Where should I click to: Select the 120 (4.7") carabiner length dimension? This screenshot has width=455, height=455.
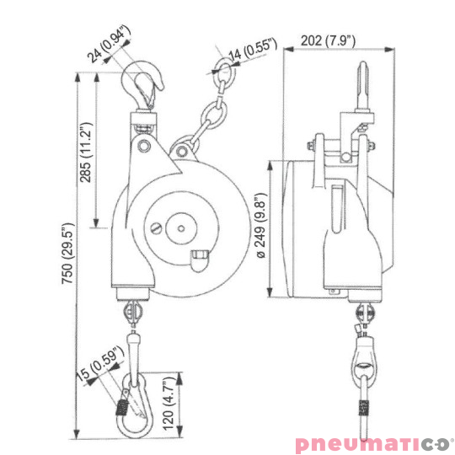coord(172,405)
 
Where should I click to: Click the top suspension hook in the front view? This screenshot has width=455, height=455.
coord(146,87)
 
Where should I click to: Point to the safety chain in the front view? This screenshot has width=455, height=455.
coord(208,113)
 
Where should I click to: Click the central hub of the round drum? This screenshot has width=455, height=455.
coord(179,226)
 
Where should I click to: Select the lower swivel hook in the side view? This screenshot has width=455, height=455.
coord(364,371)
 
